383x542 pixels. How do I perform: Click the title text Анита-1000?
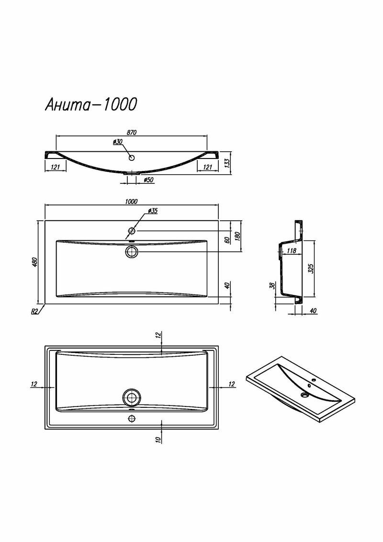[91, 104]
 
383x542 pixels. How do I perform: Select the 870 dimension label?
[132, 133]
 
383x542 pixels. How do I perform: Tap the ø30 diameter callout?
[118, 142]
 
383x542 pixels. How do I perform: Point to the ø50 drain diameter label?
[148, 180]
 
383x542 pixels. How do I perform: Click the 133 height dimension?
[227, 163]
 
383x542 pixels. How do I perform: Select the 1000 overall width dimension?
[131, 202]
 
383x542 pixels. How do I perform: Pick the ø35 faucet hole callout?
[152, 211]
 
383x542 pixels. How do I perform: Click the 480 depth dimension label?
[34, 262]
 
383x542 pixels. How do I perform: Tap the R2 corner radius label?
[34, 311]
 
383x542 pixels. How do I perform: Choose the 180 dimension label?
[237, 236]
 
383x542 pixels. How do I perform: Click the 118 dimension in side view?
[292, 250]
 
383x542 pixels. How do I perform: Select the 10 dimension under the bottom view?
[158, 440]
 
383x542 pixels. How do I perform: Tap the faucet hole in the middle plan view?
[132, 231]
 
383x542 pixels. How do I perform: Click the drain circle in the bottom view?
[131, 397]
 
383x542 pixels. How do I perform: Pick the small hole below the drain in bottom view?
[131, 418]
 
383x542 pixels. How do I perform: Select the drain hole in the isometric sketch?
[305, 395]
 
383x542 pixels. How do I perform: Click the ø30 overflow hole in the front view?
[131, 158]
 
